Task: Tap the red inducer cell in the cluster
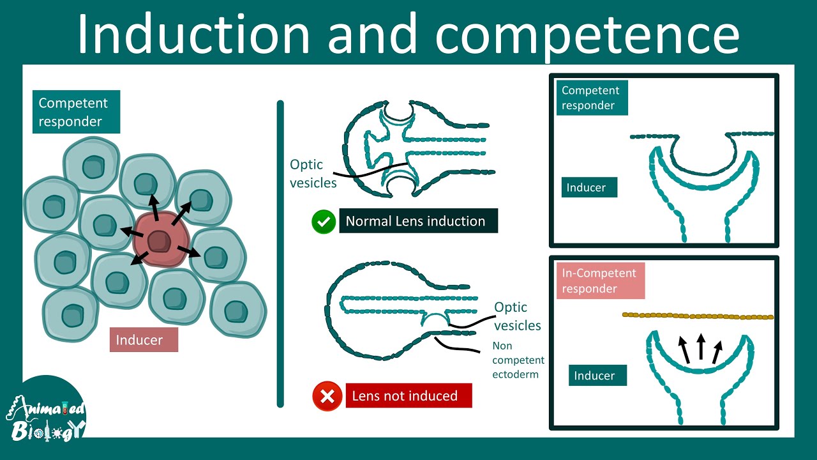point(159,241)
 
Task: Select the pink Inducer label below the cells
point(144,340)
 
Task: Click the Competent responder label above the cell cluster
point(76,112)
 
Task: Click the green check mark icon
point(324,222)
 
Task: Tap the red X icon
point(327,396)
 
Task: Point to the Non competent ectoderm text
point(518,360)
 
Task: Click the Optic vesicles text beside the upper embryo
point(313,174)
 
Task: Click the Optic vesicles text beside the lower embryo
point(517,316)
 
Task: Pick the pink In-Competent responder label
point(600,280)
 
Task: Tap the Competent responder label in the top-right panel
point(592,98)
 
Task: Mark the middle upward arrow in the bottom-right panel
point(701,348)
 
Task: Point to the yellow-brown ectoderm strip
point(698,316)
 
